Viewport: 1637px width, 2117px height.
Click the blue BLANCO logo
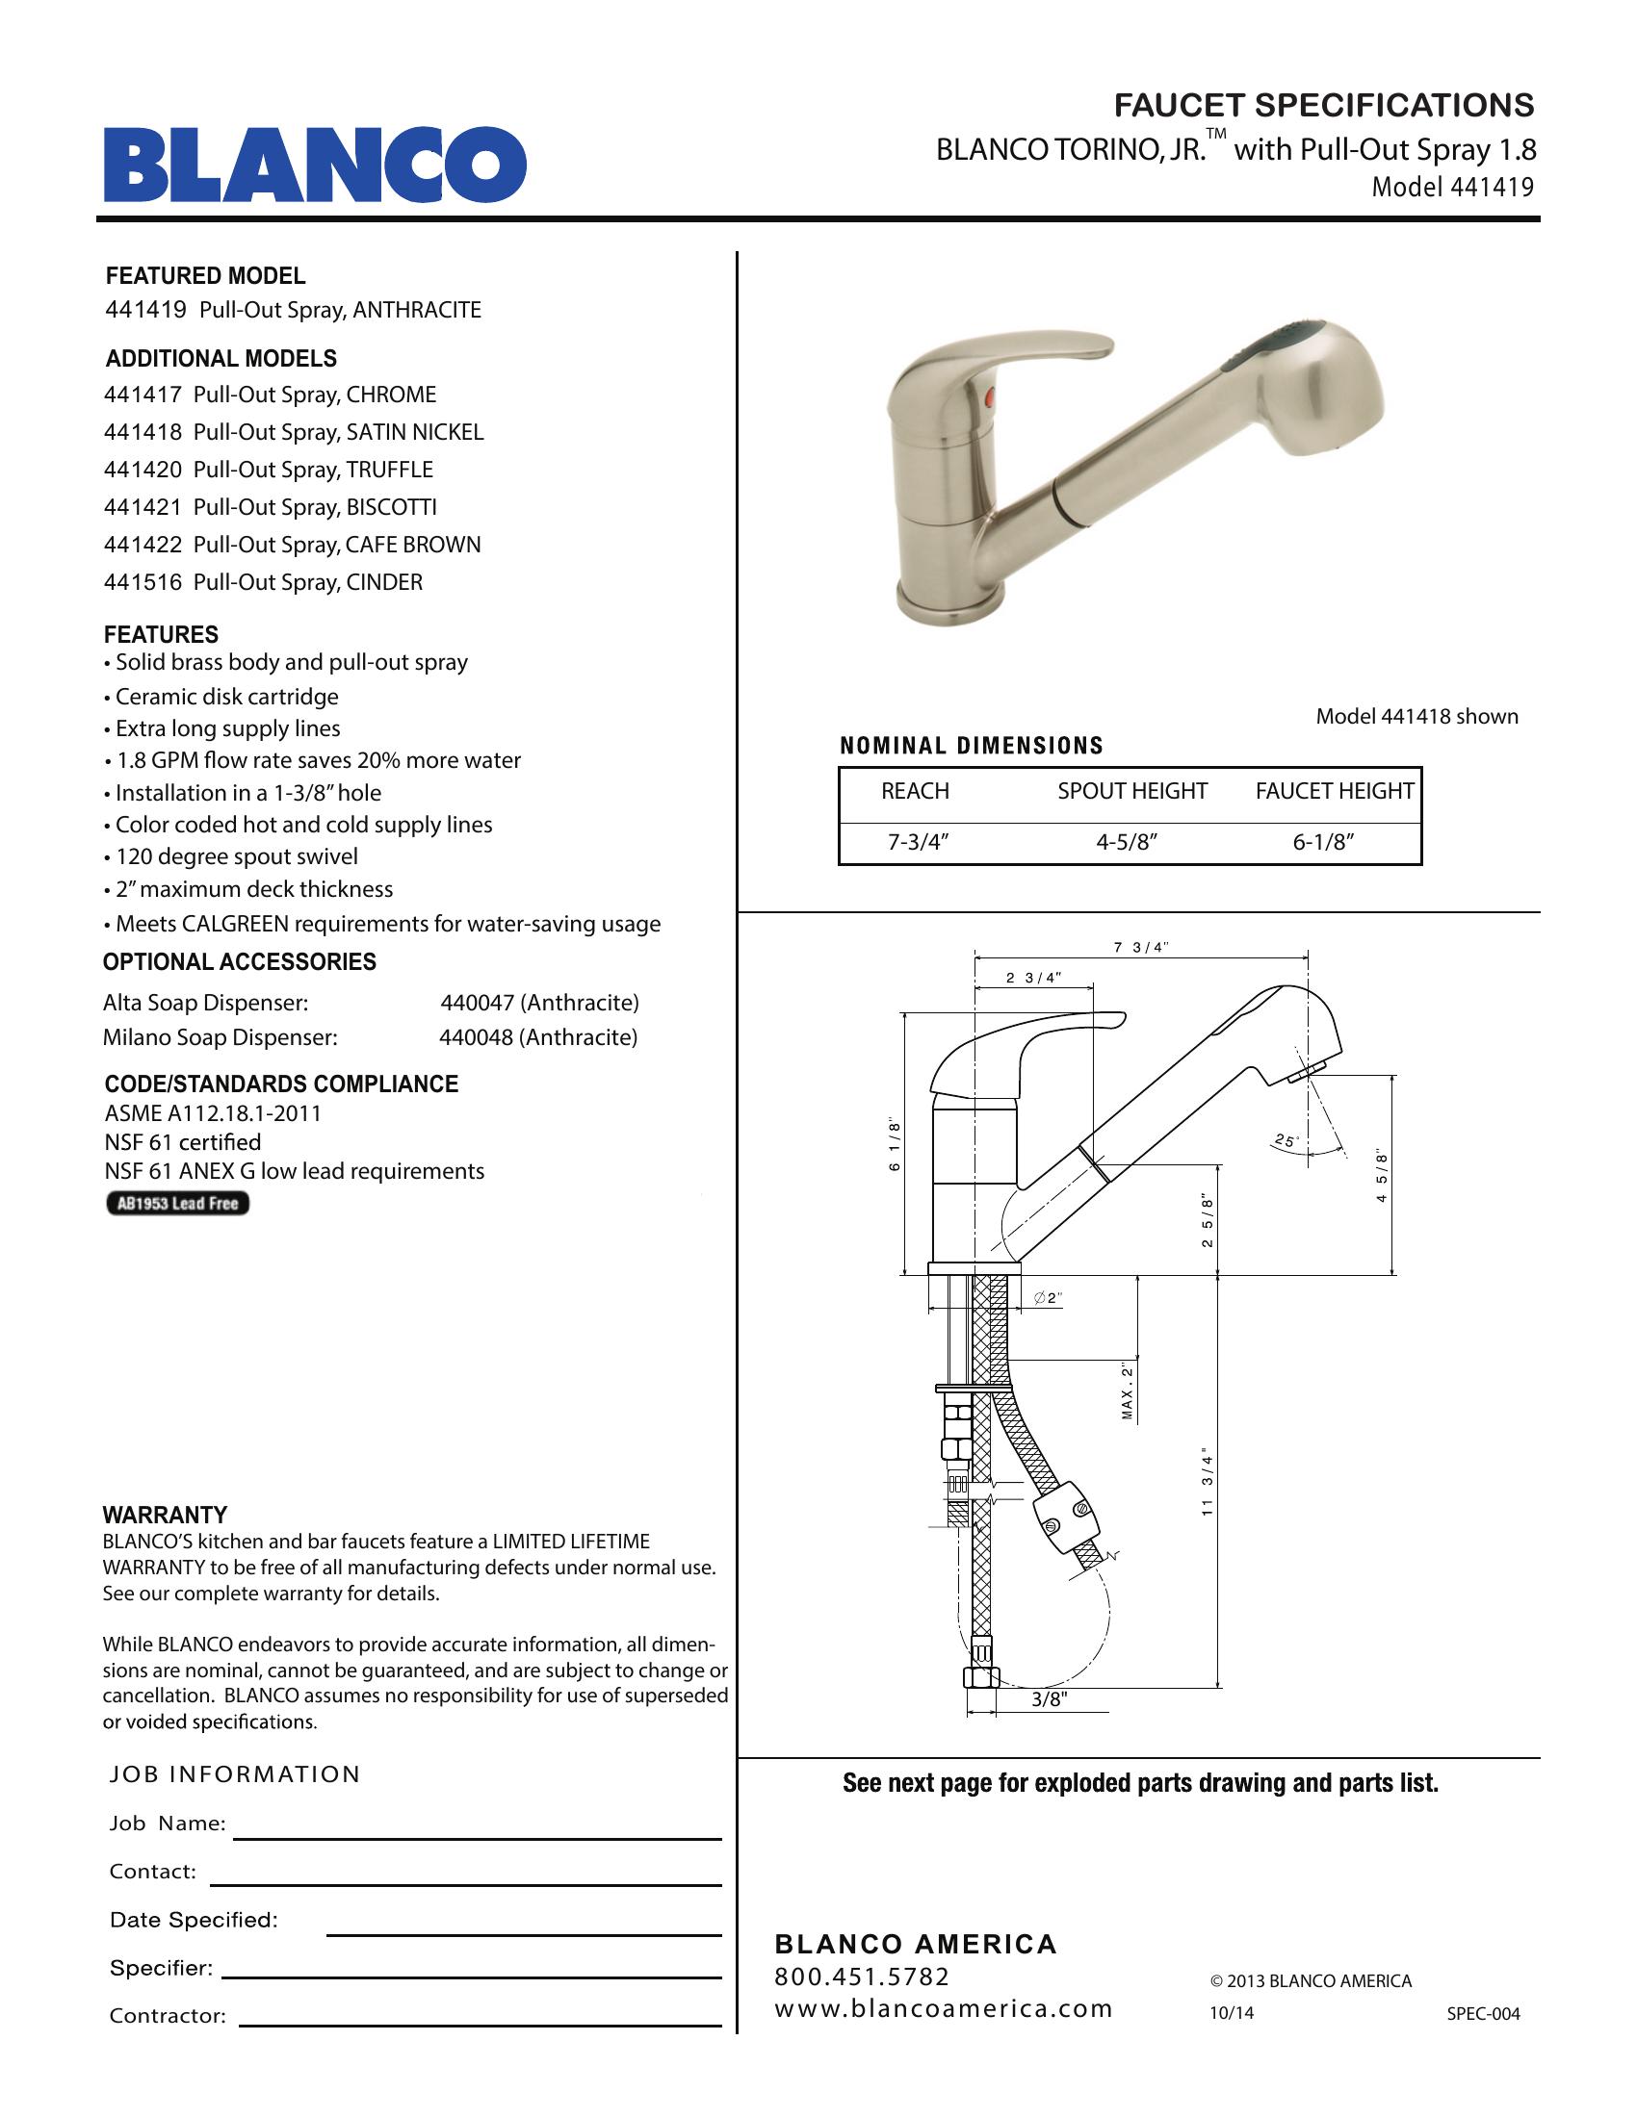click(315, 165)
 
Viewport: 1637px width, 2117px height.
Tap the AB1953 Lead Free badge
click(177, 1204)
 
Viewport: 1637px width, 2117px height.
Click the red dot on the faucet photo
click(989, 396)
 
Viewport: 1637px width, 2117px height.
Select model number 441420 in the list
click(143, 471)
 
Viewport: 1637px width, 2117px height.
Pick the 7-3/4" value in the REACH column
click(918, 842)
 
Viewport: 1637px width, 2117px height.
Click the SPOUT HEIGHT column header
click(1131, 791)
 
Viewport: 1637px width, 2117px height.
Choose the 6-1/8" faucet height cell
click(1323, 842)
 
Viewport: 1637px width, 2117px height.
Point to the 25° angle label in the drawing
click(1286, 1141)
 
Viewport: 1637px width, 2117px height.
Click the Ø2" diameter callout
click(1050, 1298)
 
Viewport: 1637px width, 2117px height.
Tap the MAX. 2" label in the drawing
click(1128, 1391)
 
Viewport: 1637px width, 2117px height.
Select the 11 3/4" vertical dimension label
click(1208, 1481)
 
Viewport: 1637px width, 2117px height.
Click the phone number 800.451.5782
click(862, 1977)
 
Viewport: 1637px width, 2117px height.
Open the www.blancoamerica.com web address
click(944, 2008)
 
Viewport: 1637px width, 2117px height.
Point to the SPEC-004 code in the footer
click(1483, 2013)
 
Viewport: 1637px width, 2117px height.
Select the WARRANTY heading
click(165, 1515)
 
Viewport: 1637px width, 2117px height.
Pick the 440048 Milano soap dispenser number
click(476, 1038)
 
